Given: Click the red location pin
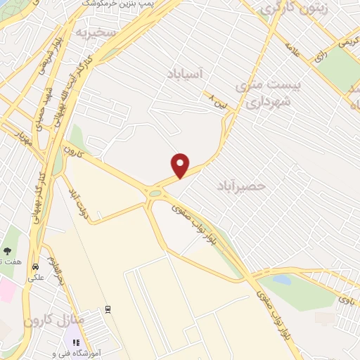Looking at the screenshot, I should point(181,165).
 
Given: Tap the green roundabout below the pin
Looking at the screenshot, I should point(154,192).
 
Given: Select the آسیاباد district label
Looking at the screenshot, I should point(186,72).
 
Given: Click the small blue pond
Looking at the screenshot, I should point(281,280).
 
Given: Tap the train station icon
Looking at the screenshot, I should point(108,309).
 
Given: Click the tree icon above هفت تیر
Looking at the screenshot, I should point(8,250).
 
